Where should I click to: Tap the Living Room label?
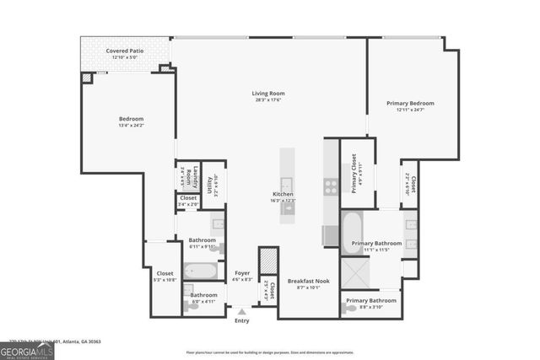(x=268, y=94)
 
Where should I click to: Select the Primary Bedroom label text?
(x=410, y=104)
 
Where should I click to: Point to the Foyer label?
(x=242, y=273)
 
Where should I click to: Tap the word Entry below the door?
(x=242, y=320)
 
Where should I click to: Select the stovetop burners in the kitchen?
(x=331, y=188)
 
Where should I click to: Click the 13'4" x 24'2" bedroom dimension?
(x=131, y=126)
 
